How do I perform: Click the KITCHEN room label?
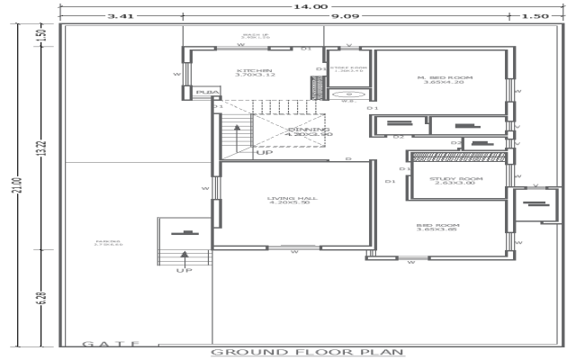tap(255, 72)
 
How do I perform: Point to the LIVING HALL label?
tap(289, 200)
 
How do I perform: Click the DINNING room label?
tap(309, 131)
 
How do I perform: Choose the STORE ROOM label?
tap(348, 68)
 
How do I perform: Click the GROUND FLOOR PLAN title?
tap(307, 352)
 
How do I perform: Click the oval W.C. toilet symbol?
tap(348, 94)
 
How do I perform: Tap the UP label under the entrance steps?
tap(184, 270)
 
